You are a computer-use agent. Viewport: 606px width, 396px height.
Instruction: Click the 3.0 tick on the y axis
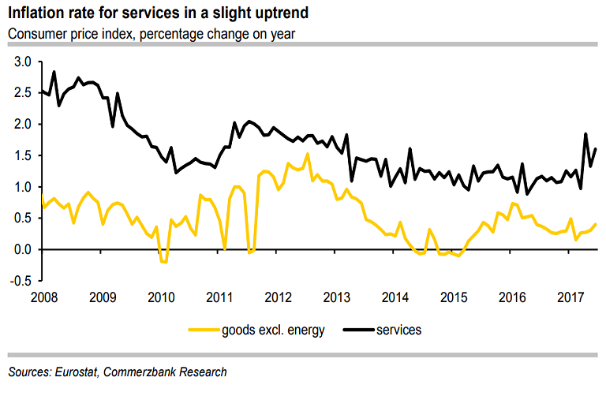click(x=22, y=62)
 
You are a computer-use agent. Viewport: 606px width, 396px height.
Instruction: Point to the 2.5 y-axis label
click(x=22, y=93)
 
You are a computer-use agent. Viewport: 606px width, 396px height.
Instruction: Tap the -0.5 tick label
click(x=21, y=282)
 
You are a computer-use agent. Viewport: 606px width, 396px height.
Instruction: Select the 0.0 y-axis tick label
click(x=22, y=250)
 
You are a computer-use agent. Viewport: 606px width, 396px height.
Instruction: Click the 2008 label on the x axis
click(x=43, y=297)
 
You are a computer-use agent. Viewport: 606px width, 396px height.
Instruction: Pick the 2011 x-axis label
click(x=219, y=297)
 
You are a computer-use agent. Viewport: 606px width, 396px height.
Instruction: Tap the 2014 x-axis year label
click(x=395, y=297)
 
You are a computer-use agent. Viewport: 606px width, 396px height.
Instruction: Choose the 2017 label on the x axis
click(x=570, y=297)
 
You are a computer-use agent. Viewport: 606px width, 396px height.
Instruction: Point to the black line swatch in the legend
click(x=355, y=331)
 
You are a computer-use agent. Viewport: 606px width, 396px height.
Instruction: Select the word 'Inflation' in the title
click(x=33, y=14)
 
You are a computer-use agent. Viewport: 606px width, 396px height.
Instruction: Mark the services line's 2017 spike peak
click(x=585, y=133)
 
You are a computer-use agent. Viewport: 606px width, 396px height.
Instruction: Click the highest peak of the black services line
click(x=54, y=72)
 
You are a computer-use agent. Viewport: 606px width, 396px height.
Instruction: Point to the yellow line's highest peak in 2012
click(x=307, y=154)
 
